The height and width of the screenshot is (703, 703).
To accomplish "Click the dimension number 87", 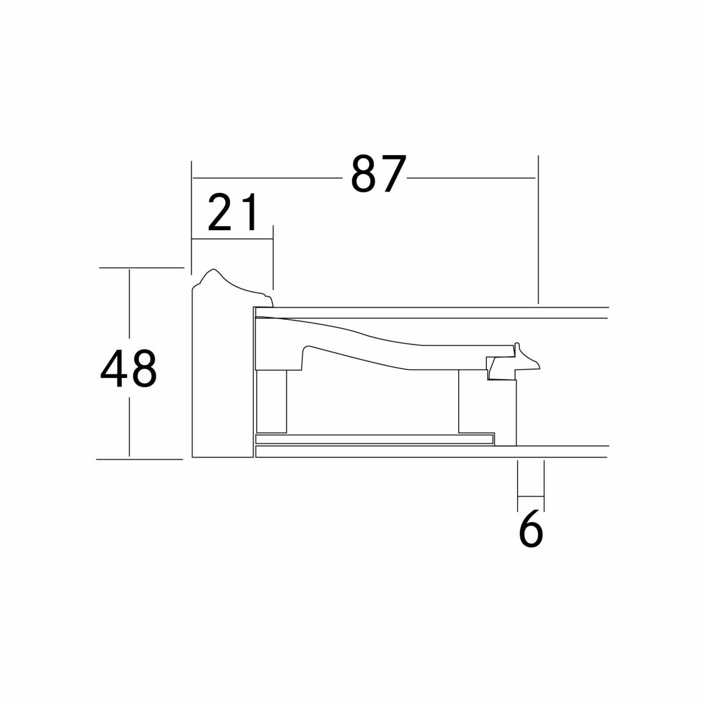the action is point(378,173).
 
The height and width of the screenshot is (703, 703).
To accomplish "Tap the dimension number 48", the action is point(128,368).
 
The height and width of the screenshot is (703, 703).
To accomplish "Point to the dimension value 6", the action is point(531,528).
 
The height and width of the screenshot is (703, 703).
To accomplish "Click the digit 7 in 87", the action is point(393,173).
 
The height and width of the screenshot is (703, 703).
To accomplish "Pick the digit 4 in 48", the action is point(114,368).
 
